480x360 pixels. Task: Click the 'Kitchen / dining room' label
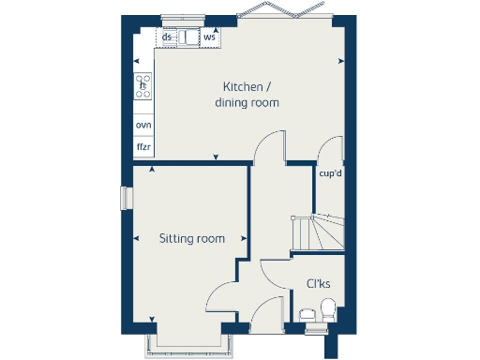(247, 93)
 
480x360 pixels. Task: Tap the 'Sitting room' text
(192, 239)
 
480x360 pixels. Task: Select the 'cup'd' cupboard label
(329, 173)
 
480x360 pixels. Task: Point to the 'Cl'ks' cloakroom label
(317, 283)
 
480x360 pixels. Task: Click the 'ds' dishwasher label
(167, 37)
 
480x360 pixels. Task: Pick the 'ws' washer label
(209, 37)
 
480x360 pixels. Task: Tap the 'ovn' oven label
(143, 125)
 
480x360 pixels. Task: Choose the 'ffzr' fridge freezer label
(143, 147)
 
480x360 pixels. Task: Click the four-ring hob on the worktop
(143, 87)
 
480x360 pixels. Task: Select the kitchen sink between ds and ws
(188, 38)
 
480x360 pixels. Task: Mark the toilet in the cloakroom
(327, 308)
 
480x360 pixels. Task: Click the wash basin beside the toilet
(306, 314)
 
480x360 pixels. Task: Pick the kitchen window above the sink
(184, 17)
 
